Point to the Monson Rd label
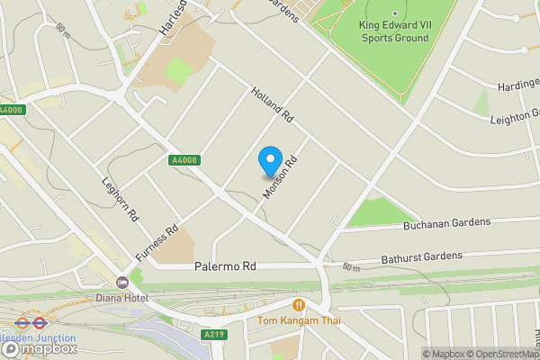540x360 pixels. (x=280, y=175)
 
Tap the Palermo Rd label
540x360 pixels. (x=226, y=267)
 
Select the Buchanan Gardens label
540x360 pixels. (x=447, y=221)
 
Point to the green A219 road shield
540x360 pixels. (x=213, y=334)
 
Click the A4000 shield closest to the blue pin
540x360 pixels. (x=184, y=160)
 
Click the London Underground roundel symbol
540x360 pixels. (x=22, y=321)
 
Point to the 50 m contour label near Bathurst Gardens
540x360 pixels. (x=350, y=267)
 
